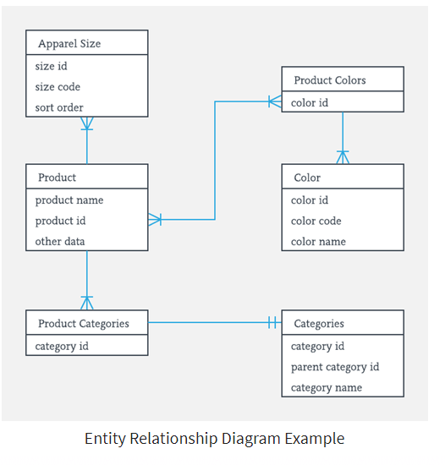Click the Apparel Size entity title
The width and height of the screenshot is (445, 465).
click(69, 43)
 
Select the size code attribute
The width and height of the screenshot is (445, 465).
click(58, 87)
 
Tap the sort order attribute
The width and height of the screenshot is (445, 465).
click(59, 107)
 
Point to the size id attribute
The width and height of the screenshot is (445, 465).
click(51, 66)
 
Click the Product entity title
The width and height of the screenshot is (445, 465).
click(57, 178)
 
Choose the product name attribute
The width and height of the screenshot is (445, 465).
click(69, 200)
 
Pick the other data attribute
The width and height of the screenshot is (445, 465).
click(60, 241)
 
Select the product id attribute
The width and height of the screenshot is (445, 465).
click(60, 221)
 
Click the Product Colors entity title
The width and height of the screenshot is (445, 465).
click(330, 80)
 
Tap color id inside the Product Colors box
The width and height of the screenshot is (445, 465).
click(310, 103)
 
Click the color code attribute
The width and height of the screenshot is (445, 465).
click(316, 221)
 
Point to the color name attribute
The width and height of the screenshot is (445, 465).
click(318, 242)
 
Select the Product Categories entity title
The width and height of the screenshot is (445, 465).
click(83, 323)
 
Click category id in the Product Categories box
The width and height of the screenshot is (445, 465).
click(62, 346)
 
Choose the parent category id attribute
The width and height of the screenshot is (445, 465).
click(335, 367)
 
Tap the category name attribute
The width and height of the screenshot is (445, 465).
click(327, 387)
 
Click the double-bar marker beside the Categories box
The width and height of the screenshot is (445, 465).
click(272, 322)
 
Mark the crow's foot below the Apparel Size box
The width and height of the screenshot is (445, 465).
click(87, 123)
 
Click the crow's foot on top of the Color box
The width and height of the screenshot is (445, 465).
click(343, 156)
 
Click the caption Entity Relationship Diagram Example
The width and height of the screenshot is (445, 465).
click(214, 439)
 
